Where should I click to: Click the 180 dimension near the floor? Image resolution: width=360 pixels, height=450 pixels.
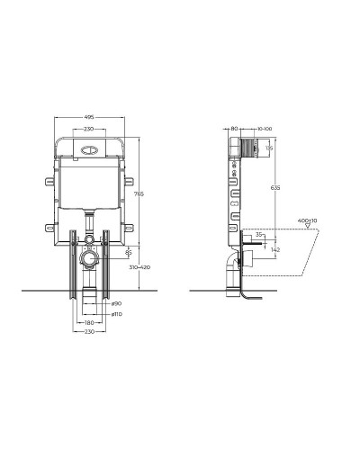tap(89, 323)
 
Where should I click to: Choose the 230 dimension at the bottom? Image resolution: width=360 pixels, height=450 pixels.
tap(89, 333)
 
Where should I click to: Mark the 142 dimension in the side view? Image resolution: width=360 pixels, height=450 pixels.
tap(275, 249)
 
